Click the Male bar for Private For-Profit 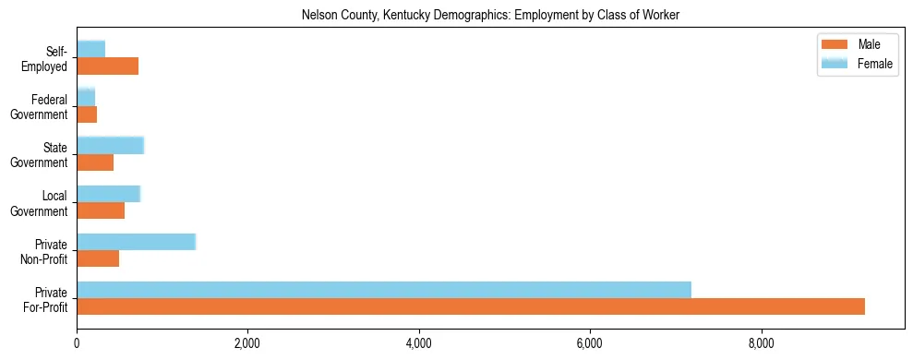[x=471, y=306]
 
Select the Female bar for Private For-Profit [x=384, y=290]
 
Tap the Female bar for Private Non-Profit [x=137, y=242]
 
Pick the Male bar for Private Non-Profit [x=98, y=258]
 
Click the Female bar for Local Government [x=109, y=194]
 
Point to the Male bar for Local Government [x=101, y=210]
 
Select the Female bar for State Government [x=111, y=145]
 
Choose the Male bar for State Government [x=95, y=162]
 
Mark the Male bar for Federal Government [x=87, y=114]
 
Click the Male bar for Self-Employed [x=108, y=66]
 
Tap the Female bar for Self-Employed [x=91, y=49]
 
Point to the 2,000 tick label [x=247, y=344]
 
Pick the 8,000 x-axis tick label [x=761, y=344]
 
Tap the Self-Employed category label [x=48, y=58]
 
